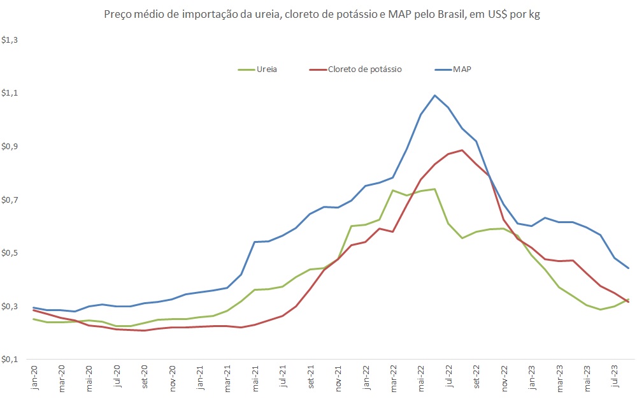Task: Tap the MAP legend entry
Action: click(462, 69)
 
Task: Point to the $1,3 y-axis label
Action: click(11, 40)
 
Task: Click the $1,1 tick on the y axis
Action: click(11, 94)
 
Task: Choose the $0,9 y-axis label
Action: click(11, 147)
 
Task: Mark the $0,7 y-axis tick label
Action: click(11, 200)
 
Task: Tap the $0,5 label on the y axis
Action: click(11, 253)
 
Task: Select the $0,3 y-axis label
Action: click(11, 307)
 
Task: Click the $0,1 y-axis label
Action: click(11, 360)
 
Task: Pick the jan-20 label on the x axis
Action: click(34, 377)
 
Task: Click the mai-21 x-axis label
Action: click(255, 377)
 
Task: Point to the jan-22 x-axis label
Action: click(366, 377)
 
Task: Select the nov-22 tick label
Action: click(504, 377)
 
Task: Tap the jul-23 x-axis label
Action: click(615, 377)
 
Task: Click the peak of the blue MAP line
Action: click(435, 96)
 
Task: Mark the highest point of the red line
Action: click(462, 150)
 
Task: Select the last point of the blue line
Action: click(629, 268)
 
